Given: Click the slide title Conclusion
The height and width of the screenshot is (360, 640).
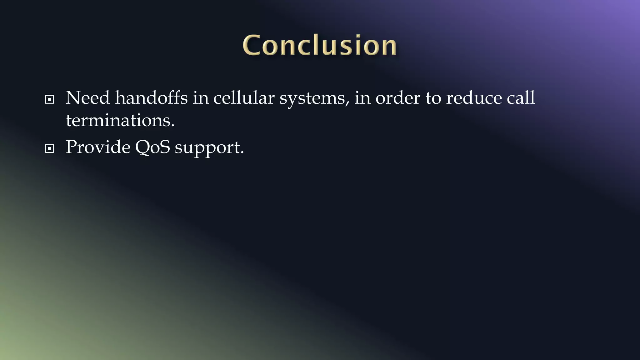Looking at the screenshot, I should click(x=319, y=46).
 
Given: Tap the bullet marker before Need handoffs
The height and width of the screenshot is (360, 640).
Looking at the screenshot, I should click(x=49, y=100).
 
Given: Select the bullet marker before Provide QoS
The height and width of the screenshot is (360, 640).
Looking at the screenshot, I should click(x=49, y=149).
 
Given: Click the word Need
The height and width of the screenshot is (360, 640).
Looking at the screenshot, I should click(x=87, y=98).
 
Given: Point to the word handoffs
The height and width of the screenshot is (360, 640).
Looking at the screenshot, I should click(x=151, y=98).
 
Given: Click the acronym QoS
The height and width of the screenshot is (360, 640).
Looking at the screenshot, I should click(x=152, y=147).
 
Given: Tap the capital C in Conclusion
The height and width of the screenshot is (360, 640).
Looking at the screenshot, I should click(x=252, y=46).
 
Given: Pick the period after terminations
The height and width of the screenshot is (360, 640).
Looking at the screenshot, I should click(x=173, y=126).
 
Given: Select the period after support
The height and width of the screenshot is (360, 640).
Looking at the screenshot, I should click(x=242, y=152).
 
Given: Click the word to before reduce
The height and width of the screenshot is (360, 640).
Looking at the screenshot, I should click(x=433, y=98).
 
